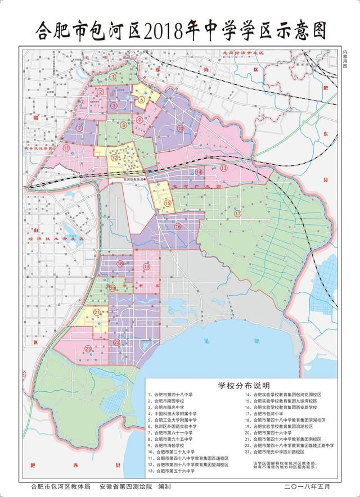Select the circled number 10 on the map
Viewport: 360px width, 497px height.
180,128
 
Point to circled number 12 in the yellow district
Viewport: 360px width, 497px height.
114,158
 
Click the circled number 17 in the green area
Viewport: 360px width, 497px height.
237,214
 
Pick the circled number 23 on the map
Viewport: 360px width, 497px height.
89,349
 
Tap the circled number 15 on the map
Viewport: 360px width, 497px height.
168,203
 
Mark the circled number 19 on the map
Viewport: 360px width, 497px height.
146,268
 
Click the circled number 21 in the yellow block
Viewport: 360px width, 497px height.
97,313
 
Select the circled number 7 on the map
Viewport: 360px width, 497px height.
80,128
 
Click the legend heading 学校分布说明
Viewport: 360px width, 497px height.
244,386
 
